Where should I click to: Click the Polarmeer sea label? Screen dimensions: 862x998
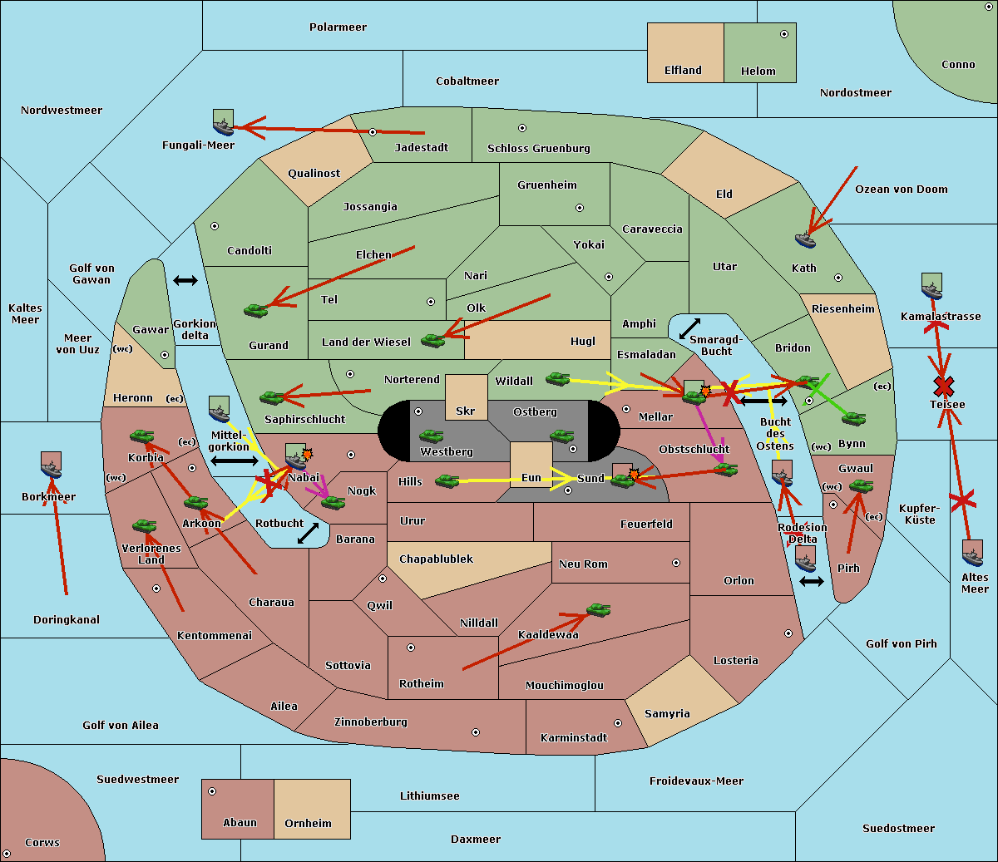coord(338,27)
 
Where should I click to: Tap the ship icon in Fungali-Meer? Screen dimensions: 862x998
coord(223,123)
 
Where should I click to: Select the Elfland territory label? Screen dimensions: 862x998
coord(683,71)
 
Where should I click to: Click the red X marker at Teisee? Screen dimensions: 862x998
coord(943,386)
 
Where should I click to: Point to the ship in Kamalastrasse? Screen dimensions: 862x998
coord(931,287)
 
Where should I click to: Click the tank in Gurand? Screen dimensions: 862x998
coord(256,310)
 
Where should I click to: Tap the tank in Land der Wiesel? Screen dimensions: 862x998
coord(432,340)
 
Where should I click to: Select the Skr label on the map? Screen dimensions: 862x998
coord(466,411)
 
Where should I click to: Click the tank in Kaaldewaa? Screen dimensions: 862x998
coord(598,610)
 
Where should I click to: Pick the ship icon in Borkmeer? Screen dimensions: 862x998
coord(51,465)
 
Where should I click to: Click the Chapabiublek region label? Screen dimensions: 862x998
coord(436,559)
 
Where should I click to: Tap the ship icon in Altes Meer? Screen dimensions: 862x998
coord(972,554)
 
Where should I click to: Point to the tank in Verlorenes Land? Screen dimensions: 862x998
coord(144,525)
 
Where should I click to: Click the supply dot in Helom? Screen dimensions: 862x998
coord(783,34)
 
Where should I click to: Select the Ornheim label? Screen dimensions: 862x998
coord(308,823)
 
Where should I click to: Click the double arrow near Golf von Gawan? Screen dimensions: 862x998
coord(185,280)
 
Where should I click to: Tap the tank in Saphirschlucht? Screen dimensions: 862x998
coord(272,398)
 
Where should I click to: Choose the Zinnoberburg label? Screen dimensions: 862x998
coord(370,722)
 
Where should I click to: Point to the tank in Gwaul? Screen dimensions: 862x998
coord(861,486)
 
